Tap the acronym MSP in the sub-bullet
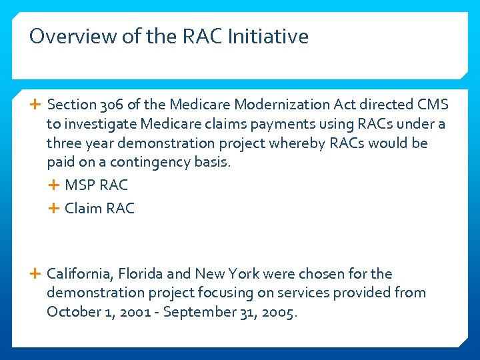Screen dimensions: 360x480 tap(80, 185)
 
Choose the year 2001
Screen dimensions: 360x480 tap(134, 312)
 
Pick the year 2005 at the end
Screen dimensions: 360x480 tap(278, 312)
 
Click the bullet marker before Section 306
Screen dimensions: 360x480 tap(36, 105)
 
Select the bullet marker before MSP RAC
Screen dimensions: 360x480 tap(54, 185)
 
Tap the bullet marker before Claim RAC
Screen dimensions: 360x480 tap(54, 209)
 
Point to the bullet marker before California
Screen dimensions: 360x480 tap(36, 274)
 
